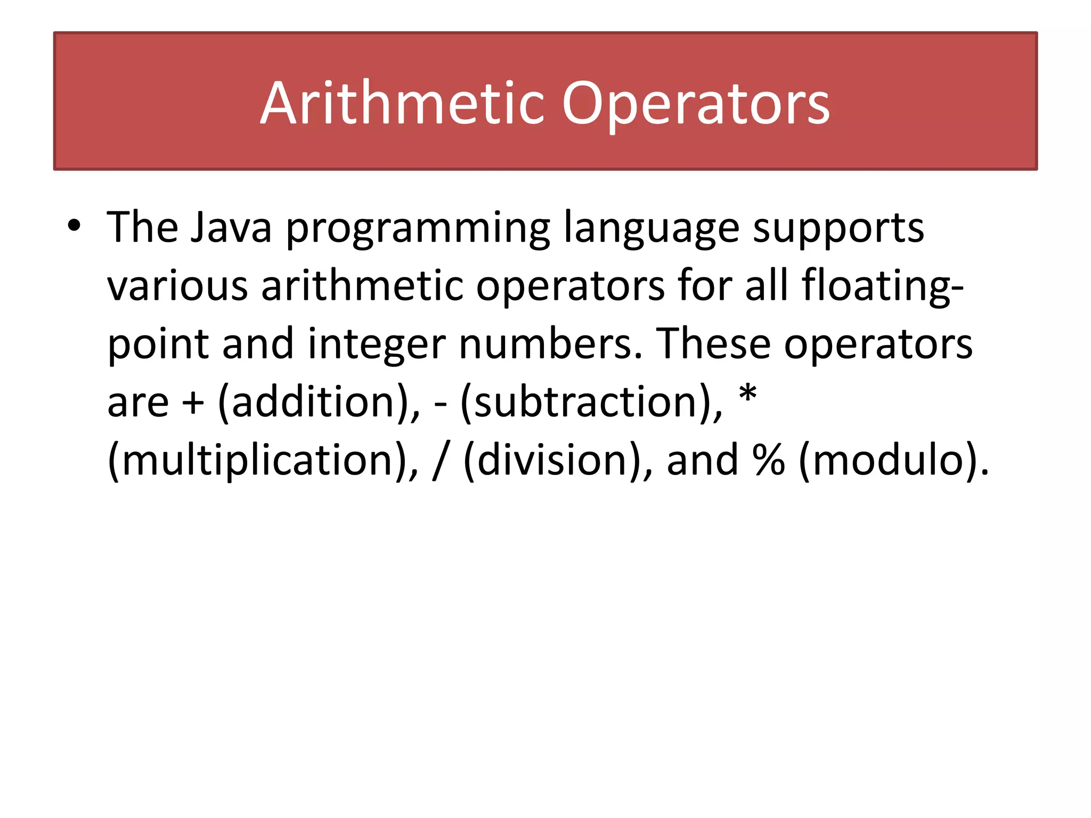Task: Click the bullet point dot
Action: click(x=74, y=226)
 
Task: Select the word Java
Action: click(x=231, y=227)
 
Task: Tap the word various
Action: click(x=177, y=286)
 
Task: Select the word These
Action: click(x=713, y=344)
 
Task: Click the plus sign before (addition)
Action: click(x=193, y=403)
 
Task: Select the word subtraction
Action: click(x=584, y=403)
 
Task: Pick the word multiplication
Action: click(x=258, y=461)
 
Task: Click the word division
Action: click(x=552, y=461)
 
